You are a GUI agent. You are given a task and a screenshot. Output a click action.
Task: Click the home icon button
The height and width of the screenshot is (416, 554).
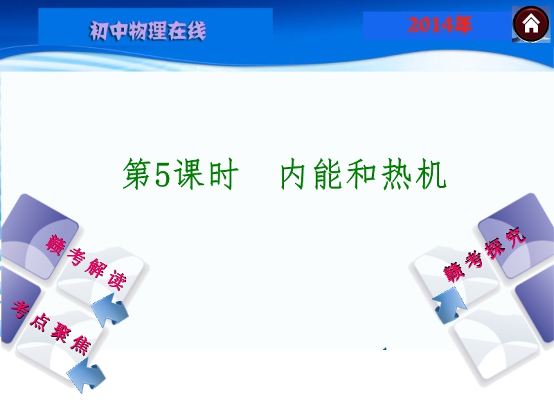pos(531,24)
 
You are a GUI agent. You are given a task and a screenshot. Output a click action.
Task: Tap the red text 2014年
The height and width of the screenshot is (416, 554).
pos(440,26)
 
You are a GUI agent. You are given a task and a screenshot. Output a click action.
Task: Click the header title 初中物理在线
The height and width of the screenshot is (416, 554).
pos(148,31)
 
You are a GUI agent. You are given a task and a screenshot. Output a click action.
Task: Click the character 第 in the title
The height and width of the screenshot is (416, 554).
pos(137,174)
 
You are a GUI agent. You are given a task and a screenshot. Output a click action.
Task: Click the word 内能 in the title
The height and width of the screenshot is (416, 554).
pos(312,174)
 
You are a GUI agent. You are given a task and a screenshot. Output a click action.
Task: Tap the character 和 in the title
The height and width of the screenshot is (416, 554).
pos(361,174)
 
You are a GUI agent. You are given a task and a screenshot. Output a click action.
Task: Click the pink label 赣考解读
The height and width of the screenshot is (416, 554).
pos(85,262)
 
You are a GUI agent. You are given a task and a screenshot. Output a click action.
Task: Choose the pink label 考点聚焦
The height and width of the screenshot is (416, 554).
pos(51,327)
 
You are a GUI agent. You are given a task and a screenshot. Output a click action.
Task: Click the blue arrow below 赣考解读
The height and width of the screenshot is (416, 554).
pos(109,311)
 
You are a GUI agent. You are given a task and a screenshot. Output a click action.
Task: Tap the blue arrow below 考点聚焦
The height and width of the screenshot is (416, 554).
pos(87,375)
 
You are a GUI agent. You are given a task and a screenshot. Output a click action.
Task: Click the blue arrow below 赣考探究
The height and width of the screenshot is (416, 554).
pos(449,305)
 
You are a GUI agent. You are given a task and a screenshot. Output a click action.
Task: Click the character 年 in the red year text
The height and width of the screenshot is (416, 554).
pos(461,26)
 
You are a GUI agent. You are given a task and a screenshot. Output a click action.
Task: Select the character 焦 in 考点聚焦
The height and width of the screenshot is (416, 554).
pos(81,345)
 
